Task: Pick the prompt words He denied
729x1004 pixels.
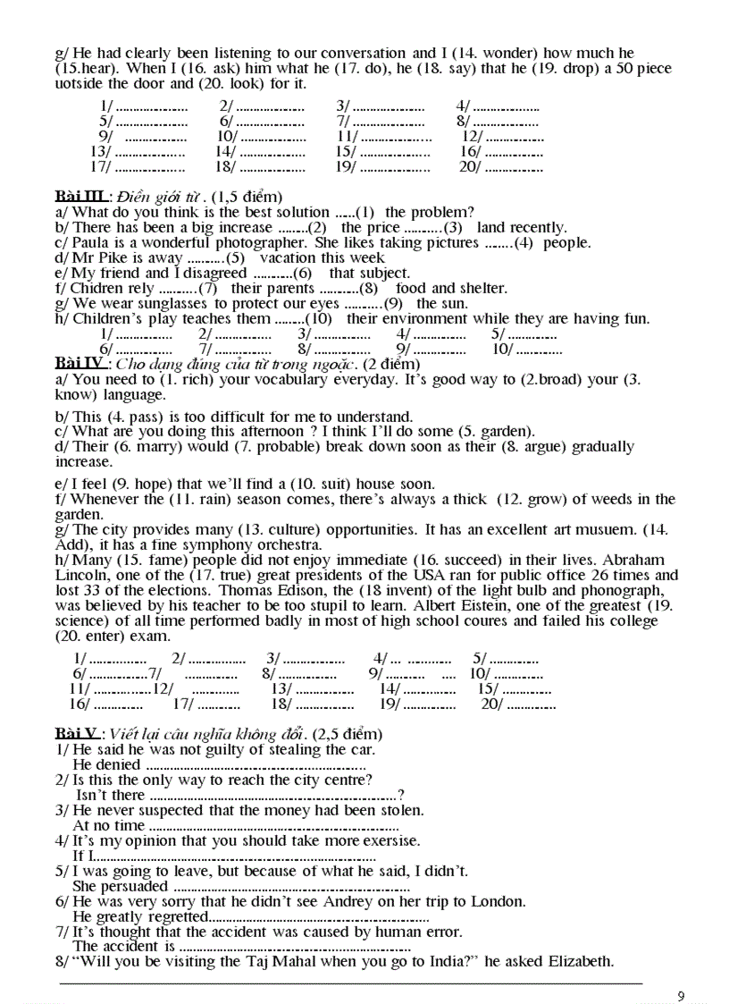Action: (106, 765)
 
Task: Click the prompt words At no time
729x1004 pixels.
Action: (108, 826)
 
